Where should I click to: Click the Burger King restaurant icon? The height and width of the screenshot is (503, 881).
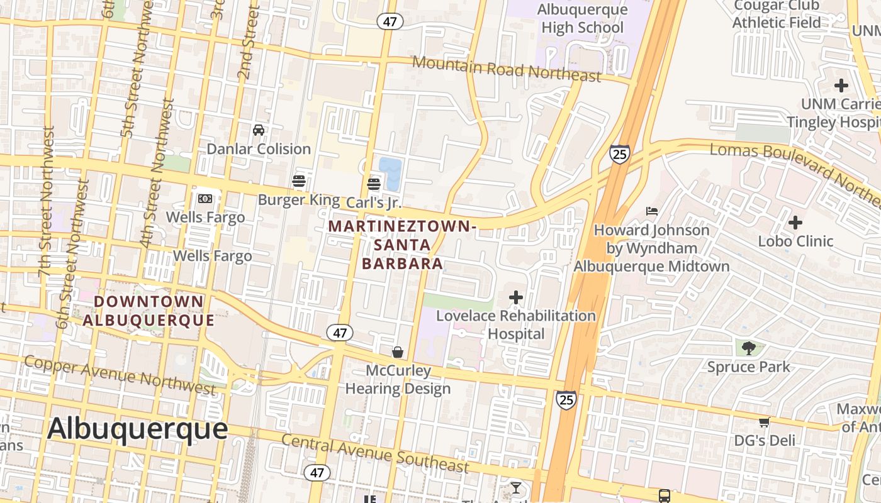pyautogui.click(x=299, y=182)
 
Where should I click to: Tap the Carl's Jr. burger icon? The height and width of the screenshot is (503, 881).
pyautogui.click(x=374, y=184)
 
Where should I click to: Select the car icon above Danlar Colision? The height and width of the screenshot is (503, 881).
pyautogui.click(x=259, y=130)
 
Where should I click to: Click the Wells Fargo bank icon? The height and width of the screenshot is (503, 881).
pyautogui.click(x=205, y=199)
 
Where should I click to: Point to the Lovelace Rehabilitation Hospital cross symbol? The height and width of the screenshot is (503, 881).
pyautogui.click(x=516, y=297)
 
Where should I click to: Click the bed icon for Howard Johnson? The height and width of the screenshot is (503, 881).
pyautogui.click(x=652, y=211)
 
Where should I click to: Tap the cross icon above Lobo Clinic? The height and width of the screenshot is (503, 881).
pyautogui.click(x=795, y=222)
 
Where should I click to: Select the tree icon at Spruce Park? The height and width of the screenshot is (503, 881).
pyautogui.click(x=748, y=348)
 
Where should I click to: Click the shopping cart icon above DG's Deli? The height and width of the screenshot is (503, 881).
pyautogui.click(x=765, y=422)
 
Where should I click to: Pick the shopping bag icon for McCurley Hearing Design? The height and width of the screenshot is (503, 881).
pyautogui.click(x=398, y=351)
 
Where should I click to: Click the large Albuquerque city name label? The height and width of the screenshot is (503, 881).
pyautogui.click(x=137, y=429)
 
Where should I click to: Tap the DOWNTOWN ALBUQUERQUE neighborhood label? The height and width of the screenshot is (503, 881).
pyautogui.click(x=149, y=311)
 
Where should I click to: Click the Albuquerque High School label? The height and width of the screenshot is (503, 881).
pyautogui.click(x=583, y=19)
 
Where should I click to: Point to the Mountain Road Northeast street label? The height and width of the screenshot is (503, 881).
pyautogui.click(x=507, y=69)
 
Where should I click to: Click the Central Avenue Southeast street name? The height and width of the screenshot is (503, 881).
pyautogui.click(x=375, y=453)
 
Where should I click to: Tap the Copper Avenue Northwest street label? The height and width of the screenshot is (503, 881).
pyautogui.click(x=120, y=374)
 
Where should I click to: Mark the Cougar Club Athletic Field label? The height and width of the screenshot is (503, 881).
pyautogui.click(x=777, y=14)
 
